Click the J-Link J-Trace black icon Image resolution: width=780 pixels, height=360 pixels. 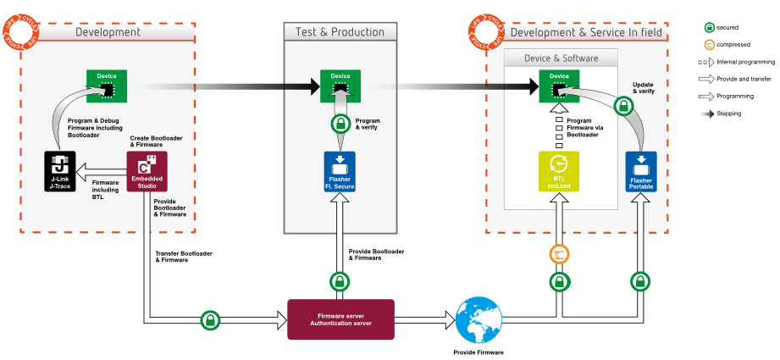tap(60, 172)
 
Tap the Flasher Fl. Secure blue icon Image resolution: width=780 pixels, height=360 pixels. tap(340, 172)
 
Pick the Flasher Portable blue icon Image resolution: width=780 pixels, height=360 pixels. tap(640, 172)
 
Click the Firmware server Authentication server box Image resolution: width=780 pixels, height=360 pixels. tap(340, 319)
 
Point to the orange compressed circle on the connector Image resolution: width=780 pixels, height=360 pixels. tap(559, 254)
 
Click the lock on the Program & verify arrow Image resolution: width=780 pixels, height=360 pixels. tap(340, 125)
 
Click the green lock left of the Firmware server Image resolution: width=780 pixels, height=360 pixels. tap(209, 320)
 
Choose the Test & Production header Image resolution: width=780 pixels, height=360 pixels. tap(340, 32)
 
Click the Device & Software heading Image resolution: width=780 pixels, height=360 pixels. tap(561, 58)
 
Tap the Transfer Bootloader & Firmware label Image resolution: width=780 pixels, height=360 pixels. tap(183, 257)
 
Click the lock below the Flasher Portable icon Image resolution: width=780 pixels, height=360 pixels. tap(640, 280)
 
